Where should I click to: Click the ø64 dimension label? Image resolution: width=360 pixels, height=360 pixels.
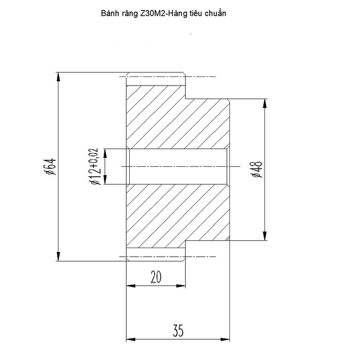pos(51,167)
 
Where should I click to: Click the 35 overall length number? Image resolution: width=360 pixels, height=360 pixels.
pos(178,331)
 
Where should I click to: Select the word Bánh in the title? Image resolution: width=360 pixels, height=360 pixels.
pos(109,13)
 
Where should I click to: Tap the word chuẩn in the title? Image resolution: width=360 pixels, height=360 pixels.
pos(215,13)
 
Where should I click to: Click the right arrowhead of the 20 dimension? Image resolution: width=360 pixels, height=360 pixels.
pos(182,286)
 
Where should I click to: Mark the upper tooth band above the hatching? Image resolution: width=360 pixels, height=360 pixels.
pos(156,81)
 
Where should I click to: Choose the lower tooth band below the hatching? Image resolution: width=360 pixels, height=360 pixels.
pos(156,252)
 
